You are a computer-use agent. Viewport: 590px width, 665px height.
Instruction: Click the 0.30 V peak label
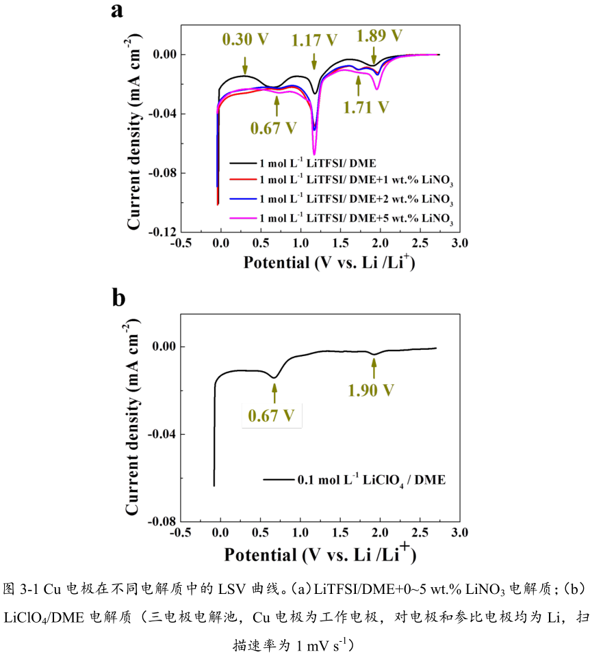tap(246, 40)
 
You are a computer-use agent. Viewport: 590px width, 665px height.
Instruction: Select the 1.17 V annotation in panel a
tap(315, 40)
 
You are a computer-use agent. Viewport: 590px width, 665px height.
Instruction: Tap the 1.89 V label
tap(379, 34)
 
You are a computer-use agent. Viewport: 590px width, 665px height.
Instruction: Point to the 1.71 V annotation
tap(365, 107)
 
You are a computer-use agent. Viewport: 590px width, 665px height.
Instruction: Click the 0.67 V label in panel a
tap(274, 127)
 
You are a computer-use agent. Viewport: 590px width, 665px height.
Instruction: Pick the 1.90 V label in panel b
tap(371, 390)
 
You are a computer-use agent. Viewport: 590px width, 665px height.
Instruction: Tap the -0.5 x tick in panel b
tap(179, 532)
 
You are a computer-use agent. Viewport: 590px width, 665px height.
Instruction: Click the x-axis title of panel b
tap(320, 552)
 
